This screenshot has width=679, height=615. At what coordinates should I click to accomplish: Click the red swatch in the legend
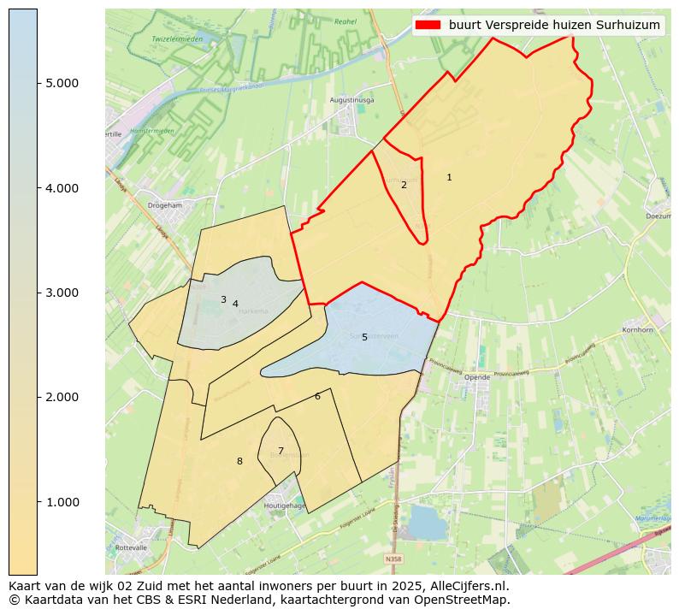click(428, 25)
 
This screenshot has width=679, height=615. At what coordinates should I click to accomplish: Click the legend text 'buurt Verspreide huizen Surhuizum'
click(554, 25)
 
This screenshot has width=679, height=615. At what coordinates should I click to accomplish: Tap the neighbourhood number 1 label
click(449, 177)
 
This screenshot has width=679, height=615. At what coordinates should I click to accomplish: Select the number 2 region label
click(404, 185)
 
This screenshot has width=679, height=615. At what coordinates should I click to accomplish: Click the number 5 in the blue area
click(364, 338)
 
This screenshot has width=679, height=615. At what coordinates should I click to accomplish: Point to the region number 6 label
click(317, 396)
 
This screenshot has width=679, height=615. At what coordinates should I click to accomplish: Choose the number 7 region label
click(280, 451)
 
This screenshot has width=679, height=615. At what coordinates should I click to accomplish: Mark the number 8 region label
click(239, 461)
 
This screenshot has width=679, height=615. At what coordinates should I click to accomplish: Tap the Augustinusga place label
click(352, 100)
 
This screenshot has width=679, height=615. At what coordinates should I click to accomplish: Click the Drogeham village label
click(165, 205)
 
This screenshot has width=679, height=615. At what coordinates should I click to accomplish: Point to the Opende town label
click(477, 376)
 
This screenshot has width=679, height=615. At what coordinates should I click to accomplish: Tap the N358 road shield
click(393, 559)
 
